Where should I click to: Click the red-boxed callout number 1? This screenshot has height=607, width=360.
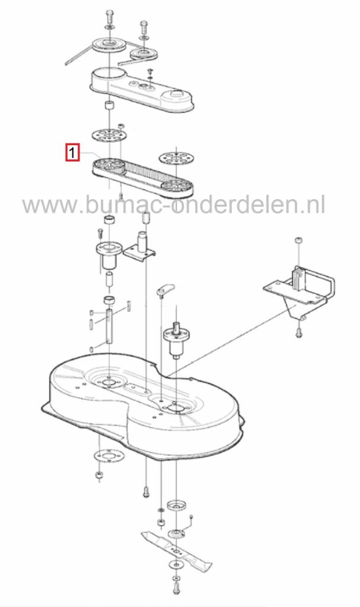pos(72,152)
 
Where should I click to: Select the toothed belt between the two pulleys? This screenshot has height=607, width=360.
pos(144,176)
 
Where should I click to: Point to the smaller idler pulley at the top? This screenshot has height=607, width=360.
pos(144,54)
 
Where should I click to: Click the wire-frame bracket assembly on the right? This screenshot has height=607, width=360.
pos(298,291)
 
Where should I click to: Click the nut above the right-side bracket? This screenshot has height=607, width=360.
pos(299,241)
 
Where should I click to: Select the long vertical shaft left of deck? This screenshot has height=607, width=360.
pos(110,325)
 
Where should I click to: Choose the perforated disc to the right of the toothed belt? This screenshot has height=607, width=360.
pos(176,158)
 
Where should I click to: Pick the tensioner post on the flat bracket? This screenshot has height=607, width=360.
pos(142,242)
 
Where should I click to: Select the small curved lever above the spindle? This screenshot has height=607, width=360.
pos(165,289)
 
